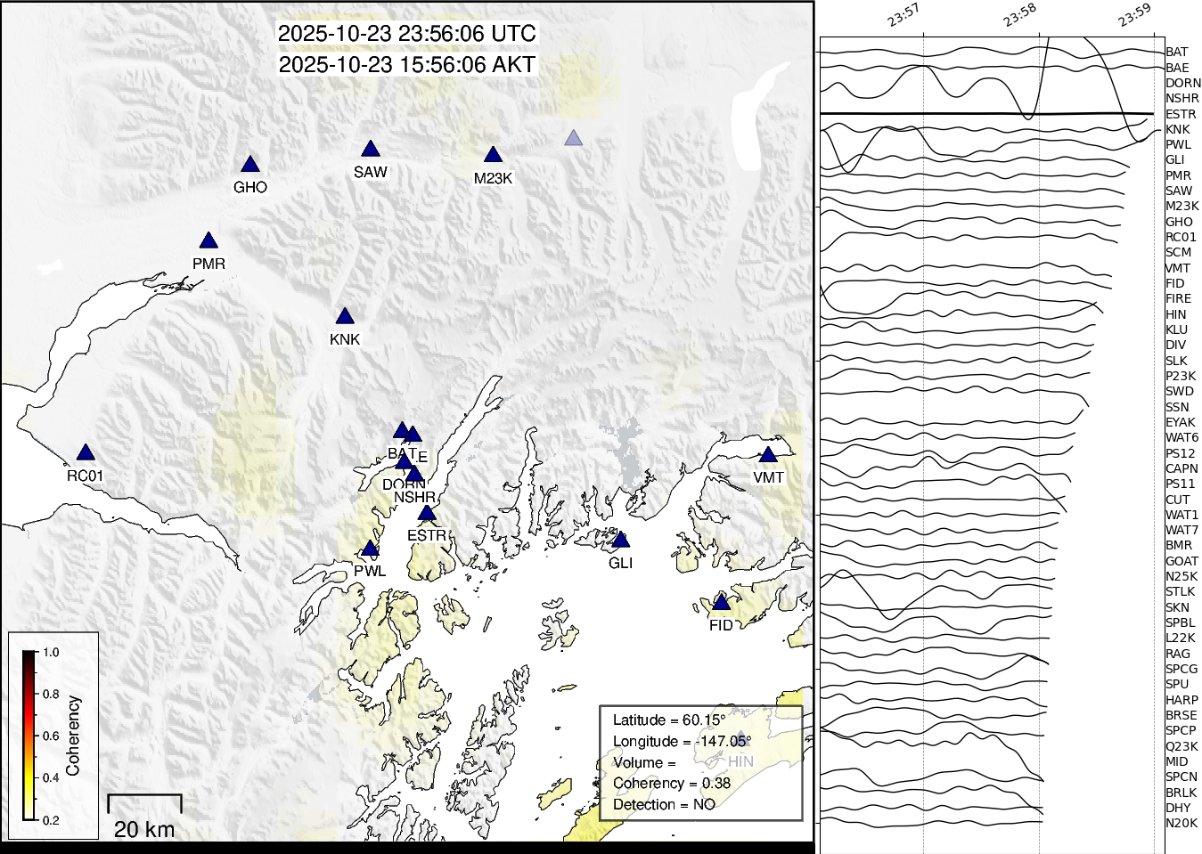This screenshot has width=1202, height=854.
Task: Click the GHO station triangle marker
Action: point(250,165)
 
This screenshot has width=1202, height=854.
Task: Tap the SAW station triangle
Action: point(371,150)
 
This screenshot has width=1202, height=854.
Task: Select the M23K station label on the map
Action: point(493,178)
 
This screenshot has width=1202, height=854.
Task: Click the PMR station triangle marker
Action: point(209,241)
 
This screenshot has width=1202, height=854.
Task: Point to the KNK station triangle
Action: point(345,317)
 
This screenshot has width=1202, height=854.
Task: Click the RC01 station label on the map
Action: point(85,476)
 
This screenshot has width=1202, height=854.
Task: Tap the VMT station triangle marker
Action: point(768,455)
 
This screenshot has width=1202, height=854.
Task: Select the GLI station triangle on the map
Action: point(621,541)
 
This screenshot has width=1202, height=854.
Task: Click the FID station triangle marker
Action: point(721,604)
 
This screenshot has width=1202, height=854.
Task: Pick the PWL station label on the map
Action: point(370,571)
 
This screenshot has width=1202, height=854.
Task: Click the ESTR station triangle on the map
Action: point(427,514)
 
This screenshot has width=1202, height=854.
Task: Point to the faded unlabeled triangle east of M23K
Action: point(573,138)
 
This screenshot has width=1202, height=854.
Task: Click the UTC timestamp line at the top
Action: point(406,34)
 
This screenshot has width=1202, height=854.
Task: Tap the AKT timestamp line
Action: point(406,65)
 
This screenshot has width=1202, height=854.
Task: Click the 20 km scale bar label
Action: point(144,829)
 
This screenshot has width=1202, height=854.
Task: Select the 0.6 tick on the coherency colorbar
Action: point(51,736)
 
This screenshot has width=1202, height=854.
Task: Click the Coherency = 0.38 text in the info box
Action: point(671,784)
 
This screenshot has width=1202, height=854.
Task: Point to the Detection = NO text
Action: point(664,805)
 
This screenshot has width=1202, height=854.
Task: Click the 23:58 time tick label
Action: point(1019,15)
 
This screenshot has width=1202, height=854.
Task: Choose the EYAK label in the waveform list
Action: point(1180,422)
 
